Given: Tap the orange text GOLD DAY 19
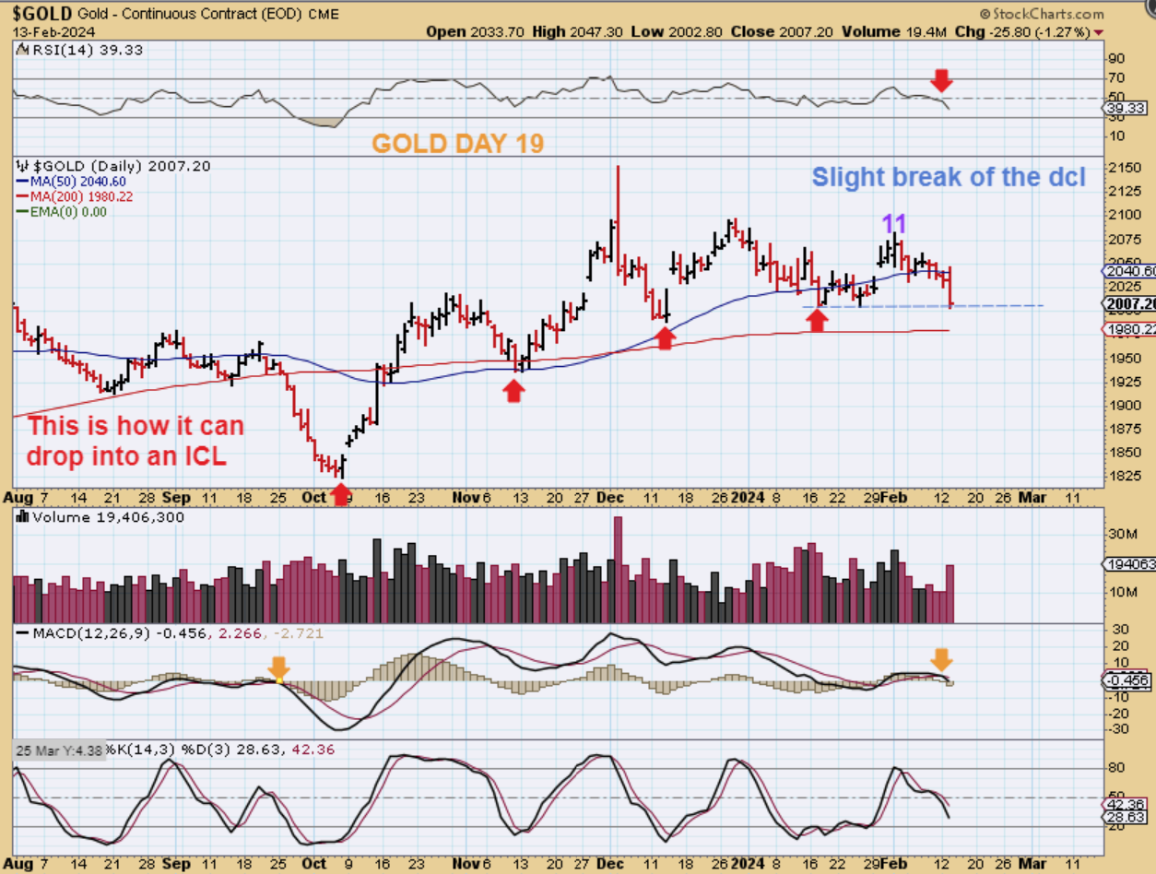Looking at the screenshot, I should coord(457,143).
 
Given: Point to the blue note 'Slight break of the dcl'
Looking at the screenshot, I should coord(948,177).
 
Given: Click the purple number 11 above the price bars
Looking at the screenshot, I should coord(894,223).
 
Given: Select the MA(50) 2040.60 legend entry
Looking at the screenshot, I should coord(66,183).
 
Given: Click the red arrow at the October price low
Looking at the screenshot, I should coord(340,494).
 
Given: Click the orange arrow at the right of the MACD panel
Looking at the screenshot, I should coord(941,658).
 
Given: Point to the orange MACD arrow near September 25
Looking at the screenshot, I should coord(278,667).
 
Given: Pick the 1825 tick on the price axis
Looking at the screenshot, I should coord(1121,477).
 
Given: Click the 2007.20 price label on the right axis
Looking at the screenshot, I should coord(1129,304).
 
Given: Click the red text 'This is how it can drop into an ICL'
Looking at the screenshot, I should coord(136,441).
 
